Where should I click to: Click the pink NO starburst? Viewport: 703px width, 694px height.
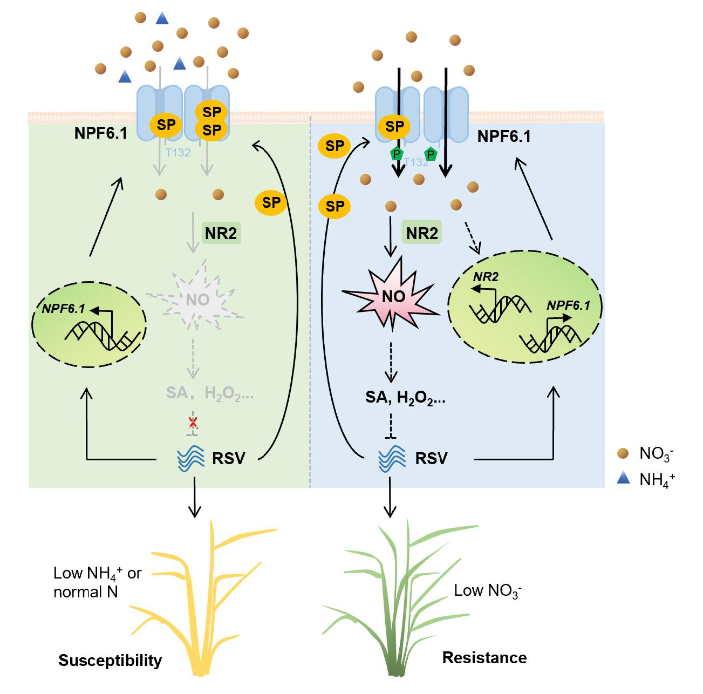tap(393, 297)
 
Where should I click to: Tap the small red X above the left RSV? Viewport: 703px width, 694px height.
tap(193, 422)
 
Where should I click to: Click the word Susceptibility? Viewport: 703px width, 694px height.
tap(110, 660)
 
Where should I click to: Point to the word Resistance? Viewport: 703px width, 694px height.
tap(484, 657)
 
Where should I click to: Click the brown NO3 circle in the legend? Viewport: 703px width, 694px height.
tap(623, 453)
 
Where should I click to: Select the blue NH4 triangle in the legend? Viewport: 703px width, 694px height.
tap(623, 478)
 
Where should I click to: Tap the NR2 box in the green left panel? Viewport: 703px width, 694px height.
tap(221, 233)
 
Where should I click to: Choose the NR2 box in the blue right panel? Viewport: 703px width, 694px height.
tap(422, 233)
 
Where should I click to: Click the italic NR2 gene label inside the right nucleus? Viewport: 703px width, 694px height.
tap(486, 277)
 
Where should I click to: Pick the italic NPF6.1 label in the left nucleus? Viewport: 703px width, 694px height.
tap(64, 309)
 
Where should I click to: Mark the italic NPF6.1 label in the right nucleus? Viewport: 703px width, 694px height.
tap(568, 305)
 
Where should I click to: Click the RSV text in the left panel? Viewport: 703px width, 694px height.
tap(229, 458)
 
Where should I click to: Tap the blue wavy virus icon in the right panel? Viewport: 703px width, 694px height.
tap(392, 459)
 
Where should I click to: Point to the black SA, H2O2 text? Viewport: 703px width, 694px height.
tap(405, 398)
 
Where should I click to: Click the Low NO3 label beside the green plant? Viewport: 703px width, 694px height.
tap(487, 591)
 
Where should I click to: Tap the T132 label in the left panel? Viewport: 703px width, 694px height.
tap(178, 153)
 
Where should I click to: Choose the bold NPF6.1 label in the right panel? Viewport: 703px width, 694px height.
tap(504, 137)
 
